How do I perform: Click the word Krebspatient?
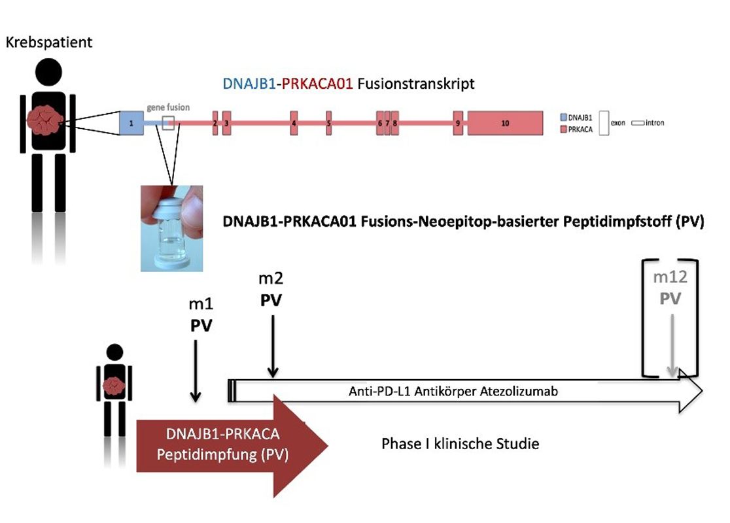click(x=49, y=43)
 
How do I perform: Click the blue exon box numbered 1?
click(x=131, y=123)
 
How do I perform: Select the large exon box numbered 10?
click(x=505, y=123)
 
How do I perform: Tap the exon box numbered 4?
click(x=294, y=123)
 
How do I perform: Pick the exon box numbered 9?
click(x=458, y=123)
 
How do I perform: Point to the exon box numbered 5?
click(x=329, y=123)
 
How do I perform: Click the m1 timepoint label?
click(x=200, y=305)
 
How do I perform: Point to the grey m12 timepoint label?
click(x=670, y=277)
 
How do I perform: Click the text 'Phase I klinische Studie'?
click(x=461, y=444)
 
